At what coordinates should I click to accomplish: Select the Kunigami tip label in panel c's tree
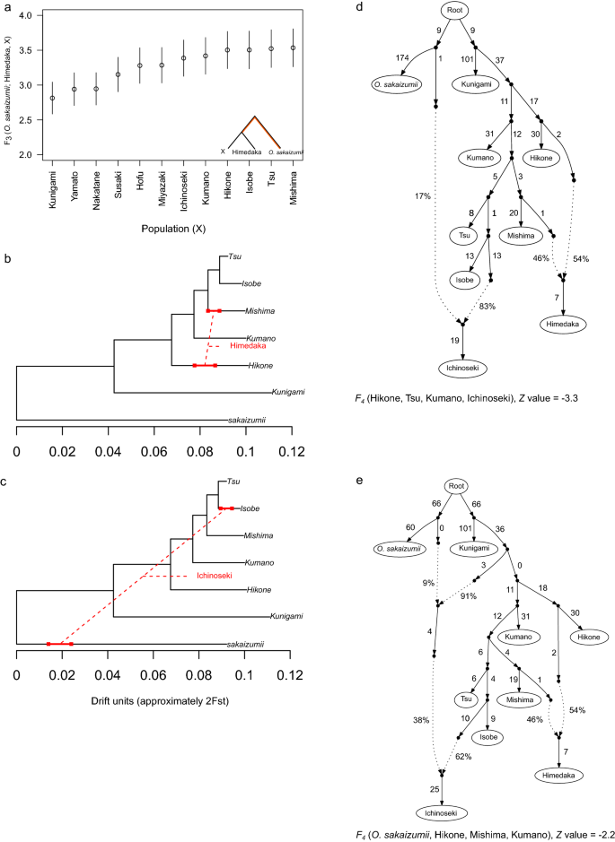coord(285,617)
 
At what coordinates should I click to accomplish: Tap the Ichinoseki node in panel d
coord(458,368)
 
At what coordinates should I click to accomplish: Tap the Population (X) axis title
coord(178,230)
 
